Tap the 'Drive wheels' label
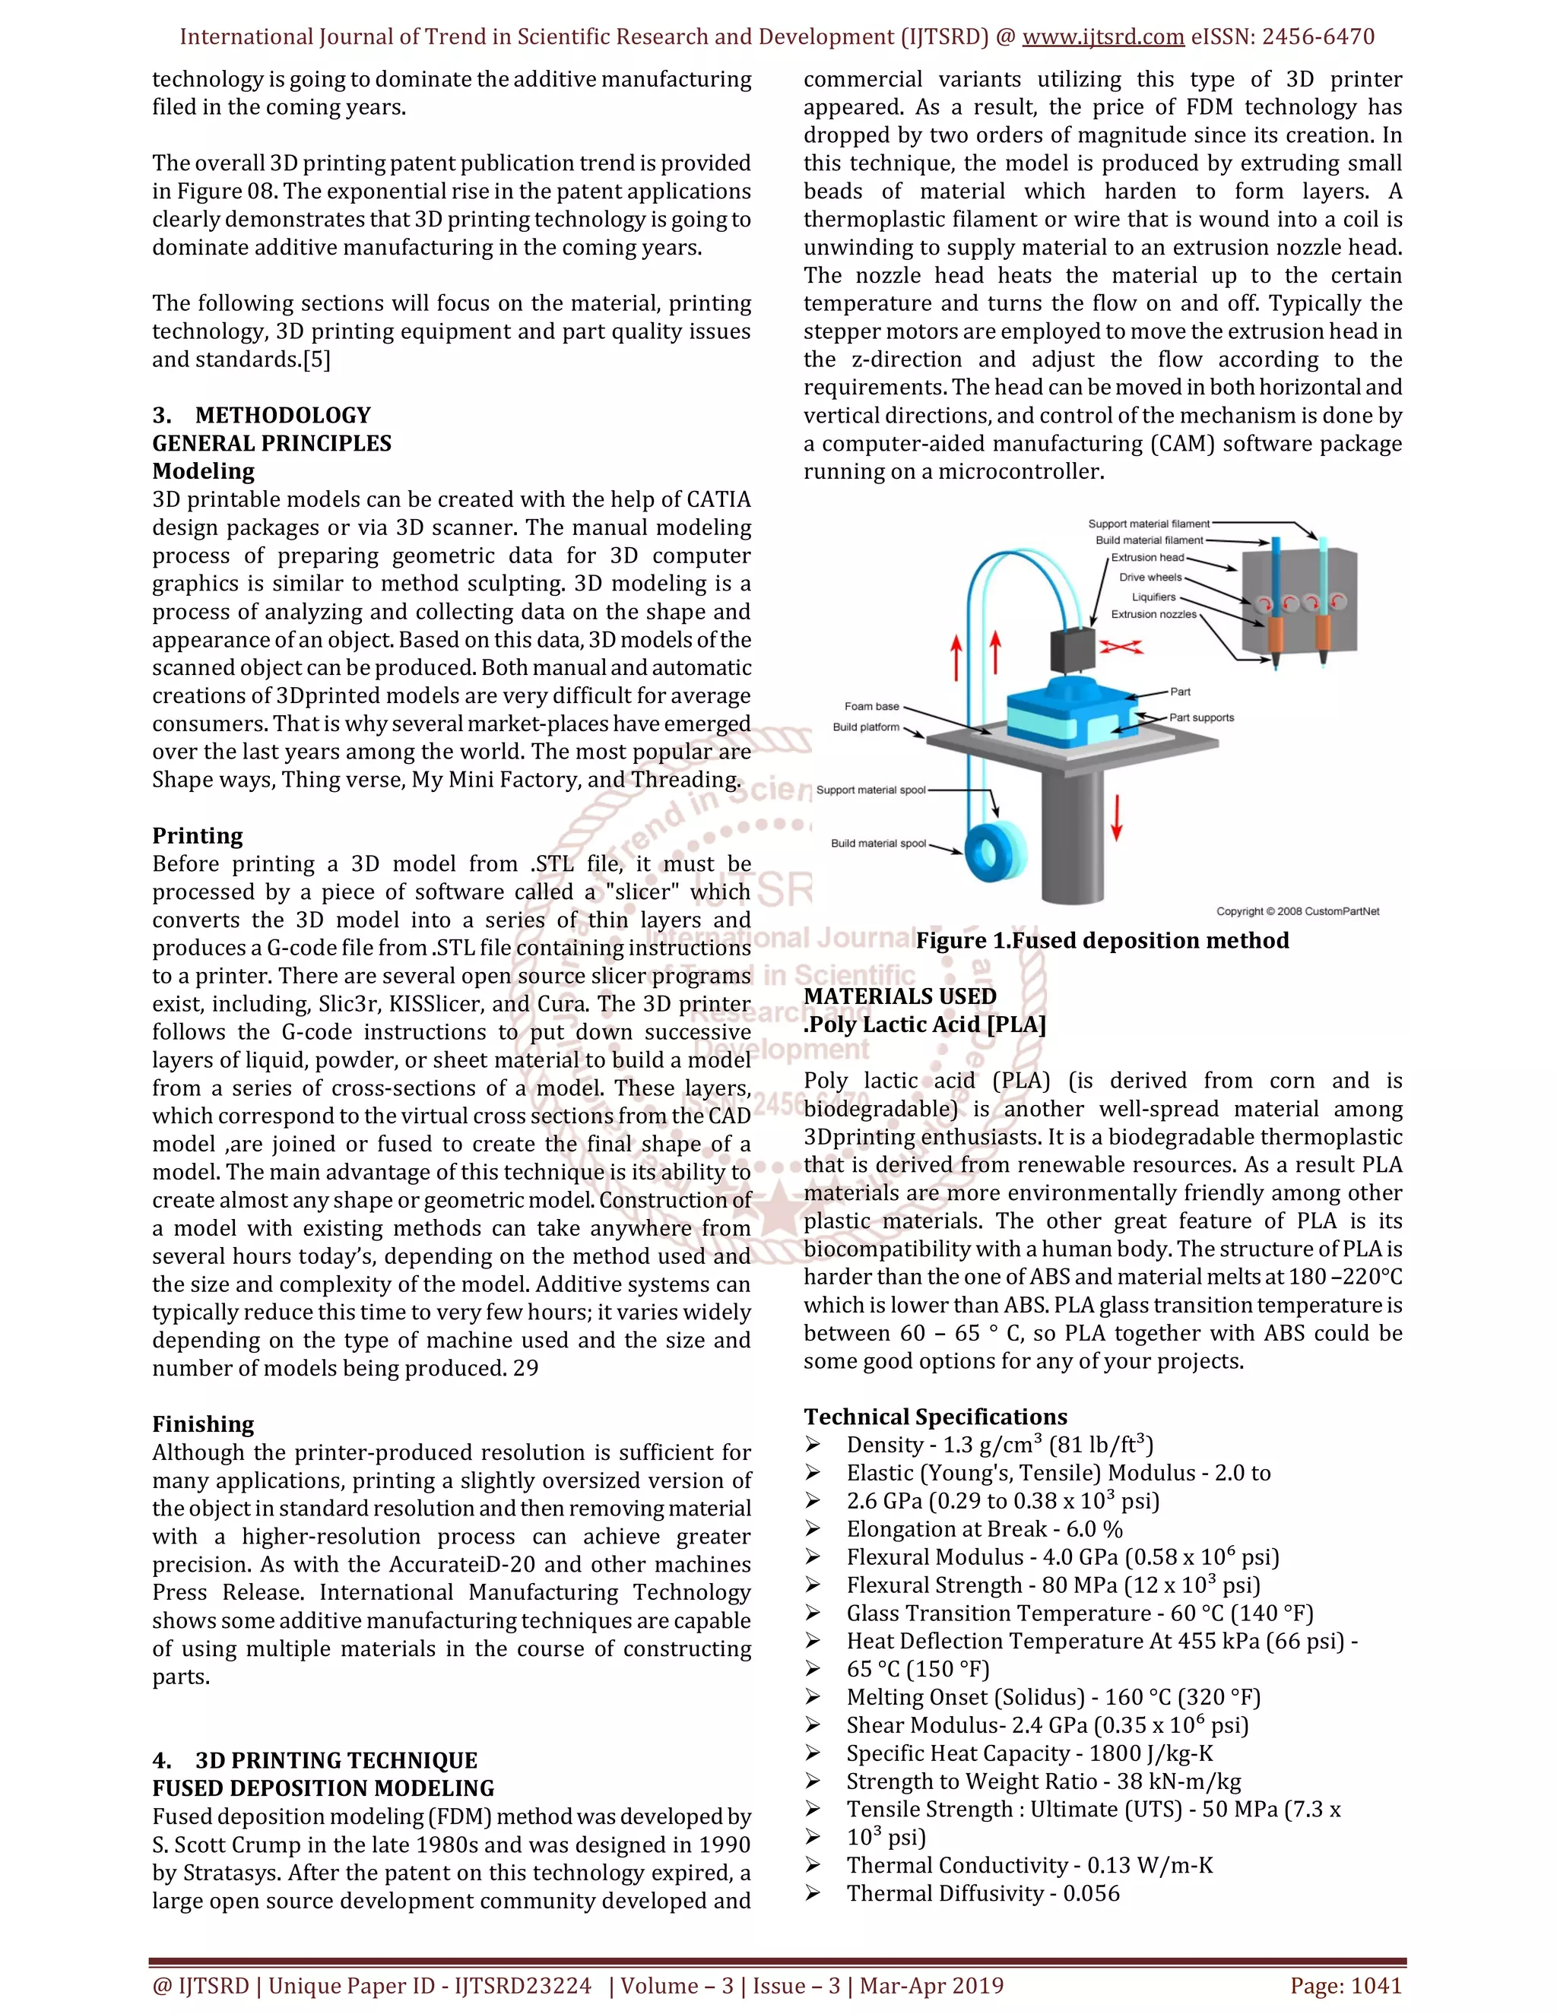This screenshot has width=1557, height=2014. click(x=1150, y=578)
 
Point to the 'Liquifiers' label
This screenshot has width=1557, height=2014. click(x=1153, y=597)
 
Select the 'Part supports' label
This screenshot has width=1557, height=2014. click(x=1201, y=717)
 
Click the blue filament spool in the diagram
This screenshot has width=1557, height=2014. click(x=994, y=855)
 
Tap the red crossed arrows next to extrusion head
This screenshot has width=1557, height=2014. click(x=1121, y=648)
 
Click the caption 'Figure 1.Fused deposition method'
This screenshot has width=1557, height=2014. click(x=1102, y=941)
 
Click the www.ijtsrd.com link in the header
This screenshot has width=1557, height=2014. click(x=1102, y=37)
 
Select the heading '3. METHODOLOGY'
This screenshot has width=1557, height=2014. click(x=262, y=415)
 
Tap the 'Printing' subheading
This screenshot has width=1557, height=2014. click(x=198, y=835)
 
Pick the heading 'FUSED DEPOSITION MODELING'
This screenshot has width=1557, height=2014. click(x=323, y=1788)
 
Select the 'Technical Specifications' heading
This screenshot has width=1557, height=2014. click(x=935, y=1417)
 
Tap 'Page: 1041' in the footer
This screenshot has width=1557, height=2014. click(x=1346, y=1985)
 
